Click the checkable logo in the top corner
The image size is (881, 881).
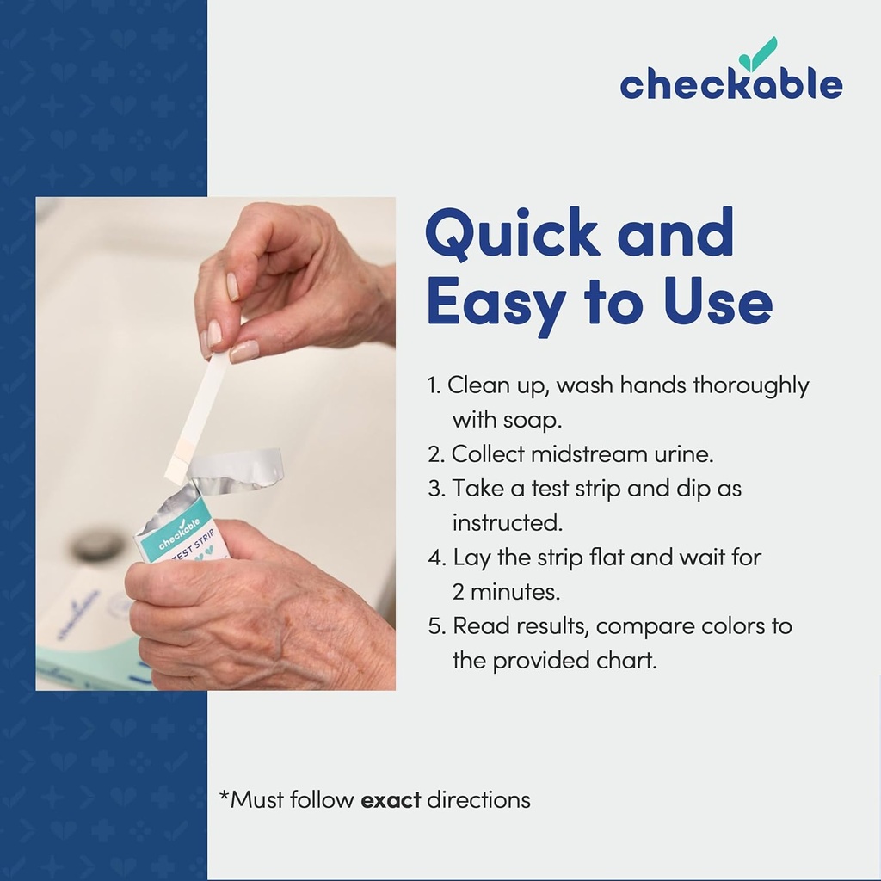[730, 83]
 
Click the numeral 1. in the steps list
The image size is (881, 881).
[434, 385]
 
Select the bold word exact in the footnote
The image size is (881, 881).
[391, 799]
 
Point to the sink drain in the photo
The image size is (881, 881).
[97, 544]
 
